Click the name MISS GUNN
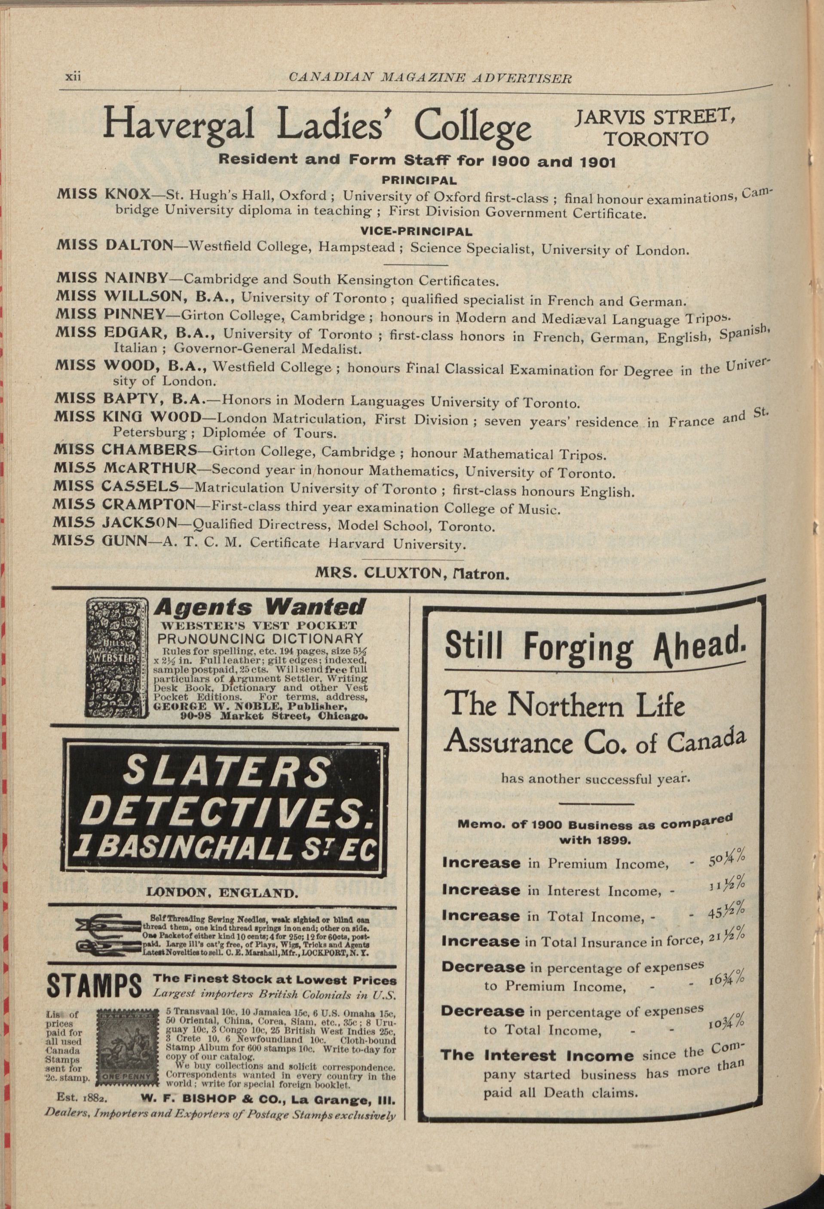99,540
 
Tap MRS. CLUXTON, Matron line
411,573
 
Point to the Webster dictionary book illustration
116,657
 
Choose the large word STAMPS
94,986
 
